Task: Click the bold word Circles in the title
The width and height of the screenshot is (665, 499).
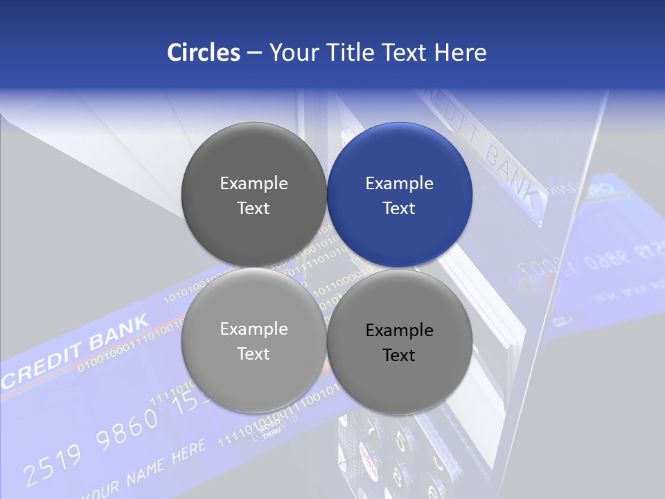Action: pyautogui.click(x=204, y=53)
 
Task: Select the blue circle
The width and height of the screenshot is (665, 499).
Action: pyautogui.click(x=400, y=195)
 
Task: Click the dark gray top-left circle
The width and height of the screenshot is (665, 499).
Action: pyautogui.click(x=254, y=195)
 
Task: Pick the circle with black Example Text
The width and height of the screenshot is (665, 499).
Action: pyautogui.click(x=400, y=342)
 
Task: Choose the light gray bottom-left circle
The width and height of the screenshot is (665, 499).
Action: pyautogui.click(x=254, y=340)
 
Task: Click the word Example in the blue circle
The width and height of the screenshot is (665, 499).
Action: pyautogui.click(x=400, y=183)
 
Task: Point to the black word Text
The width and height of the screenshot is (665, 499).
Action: pyautogui.click(x=399, y=356)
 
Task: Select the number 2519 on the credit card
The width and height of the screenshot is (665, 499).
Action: pyautogui.click(x=52, y=462)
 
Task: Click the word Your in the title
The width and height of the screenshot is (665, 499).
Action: pyautogui.click(x=292, y=53)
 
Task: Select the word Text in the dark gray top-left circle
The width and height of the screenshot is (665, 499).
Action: pyautogui.click(x=254, y=209)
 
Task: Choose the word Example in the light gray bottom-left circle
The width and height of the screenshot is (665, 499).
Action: pyautogui.click(x=254, y=329)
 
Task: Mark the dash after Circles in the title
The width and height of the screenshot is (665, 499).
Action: pyautogui.click(x=254, y=53)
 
